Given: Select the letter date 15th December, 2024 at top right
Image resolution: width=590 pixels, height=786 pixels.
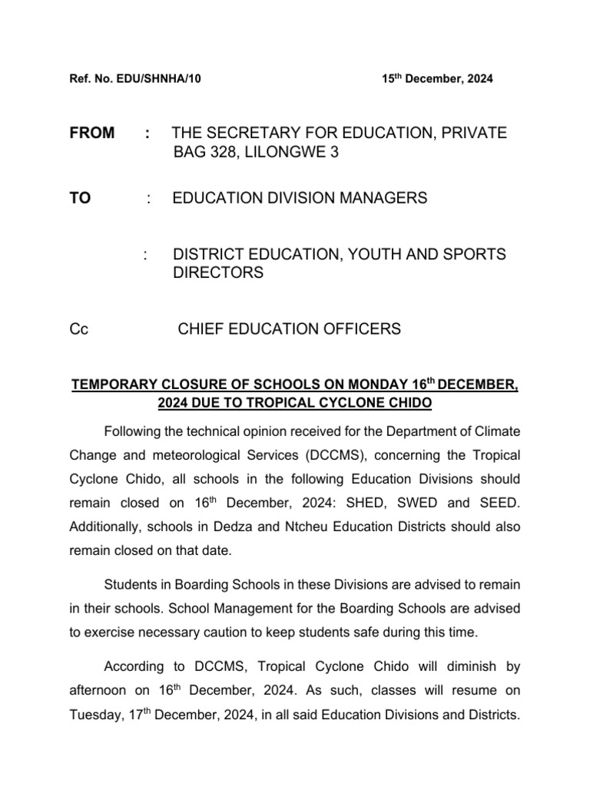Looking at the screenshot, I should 438,79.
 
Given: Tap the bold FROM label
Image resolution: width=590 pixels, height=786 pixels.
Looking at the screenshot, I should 92,134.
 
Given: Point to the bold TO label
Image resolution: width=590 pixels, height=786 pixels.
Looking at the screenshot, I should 81,199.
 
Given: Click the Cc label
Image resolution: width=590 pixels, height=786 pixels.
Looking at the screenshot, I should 79,329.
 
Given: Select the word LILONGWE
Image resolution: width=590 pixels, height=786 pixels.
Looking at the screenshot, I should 284,154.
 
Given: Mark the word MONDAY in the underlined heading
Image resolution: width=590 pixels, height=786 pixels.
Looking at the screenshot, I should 353,385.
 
